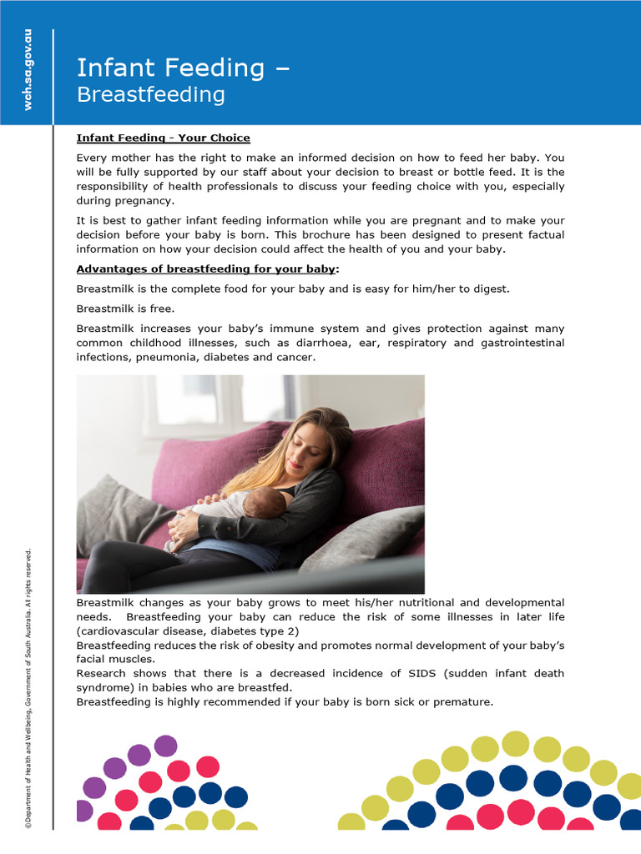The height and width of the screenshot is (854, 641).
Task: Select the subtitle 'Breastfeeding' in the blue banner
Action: click(x=150, y=94)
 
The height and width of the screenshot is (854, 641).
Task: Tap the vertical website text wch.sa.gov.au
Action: click(x=28, y=70)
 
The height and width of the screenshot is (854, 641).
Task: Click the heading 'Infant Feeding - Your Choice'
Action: click(x=163, y=138)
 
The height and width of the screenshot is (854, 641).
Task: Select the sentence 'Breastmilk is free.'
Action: click(x=125, y=309)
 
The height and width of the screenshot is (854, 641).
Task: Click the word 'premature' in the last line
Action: click(x=464, y=701)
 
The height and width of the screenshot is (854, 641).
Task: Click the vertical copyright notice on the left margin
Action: click(x=28, y=688)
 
